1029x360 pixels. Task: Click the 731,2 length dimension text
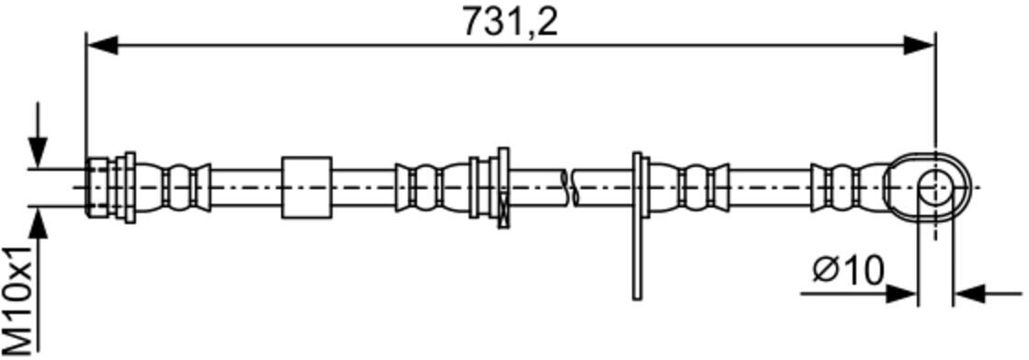[x=510, y=22]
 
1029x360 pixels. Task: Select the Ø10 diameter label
[x=849, y=269]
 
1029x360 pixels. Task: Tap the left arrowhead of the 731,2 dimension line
[x=102, y=45]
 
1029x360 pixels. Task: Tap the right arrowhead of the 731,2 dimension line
[x=919, y=45]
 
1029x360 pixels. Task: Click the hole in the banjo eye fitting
[x=934, y=188]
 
